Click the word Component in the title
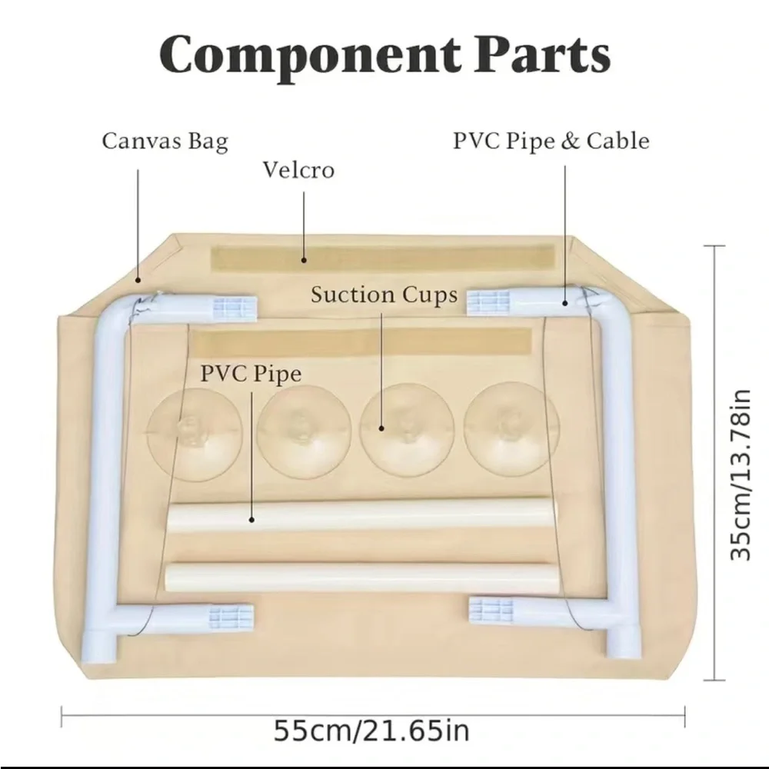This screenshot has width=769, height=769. (x=310, y=55)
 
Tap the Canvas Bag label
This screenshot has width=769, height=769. (x=165, y=141)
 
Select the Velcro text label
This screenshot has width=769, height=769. (x=298, y=170)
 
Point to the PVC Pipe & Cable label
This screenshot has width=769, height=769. (x=551, y=141)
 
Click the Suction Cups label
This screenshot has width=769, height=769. (x=384, y=295)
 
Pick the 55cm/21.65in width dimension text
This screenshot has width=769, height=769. (x=371, y=731)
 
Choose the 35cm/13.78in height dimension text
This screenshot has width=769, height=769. (x=740, y=474)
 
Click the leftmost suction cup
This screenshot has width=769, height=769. (x=195, y=434)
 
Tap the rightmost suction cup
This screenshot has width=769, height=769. (x=511, y=428)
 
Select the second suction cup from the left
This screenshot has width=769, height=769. (x=304, y=431)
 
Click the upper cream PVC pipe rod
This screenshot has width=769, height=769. (x=361, y=515)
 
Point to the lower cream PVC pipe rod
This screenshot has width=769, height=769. (x=360, y=579)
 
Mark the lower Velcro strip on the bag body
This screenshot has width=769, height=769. (x=361, y=342)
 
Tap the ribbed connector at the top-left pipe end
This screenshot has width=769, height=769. (x=235, y=309)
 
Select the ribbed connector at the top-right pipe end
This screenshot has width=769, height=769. (x=488, y=302)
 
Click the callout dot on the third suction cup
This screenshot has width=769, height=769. (x=381, y=428)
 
